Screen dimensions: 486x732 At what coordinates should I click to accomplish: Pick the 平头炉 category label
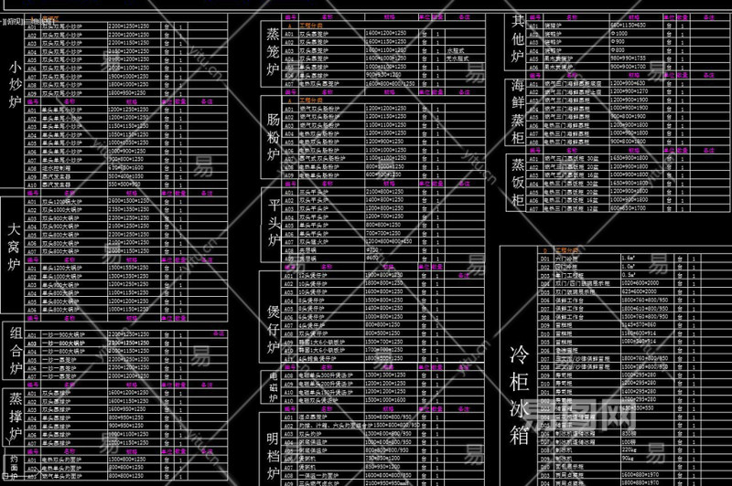pyautogui.click(x=273, y=221)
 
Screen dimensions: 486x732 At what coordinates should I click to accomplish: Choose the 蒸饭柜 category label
pyautogui.click(x=518, y=184)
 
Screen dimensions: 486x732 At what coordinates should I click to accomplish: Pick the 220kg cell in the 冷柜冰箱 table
pyautogui.click(x=631, y=449)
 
